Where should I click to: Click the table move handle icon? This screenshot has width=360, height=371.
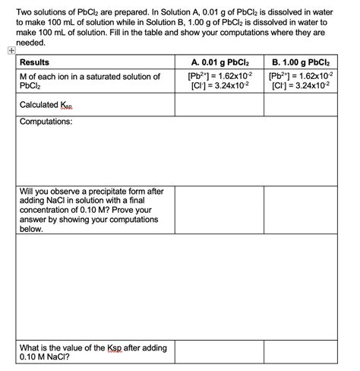click(x=8, y=51)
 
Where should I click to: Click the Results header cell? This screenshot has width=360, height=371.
click(x=36, y=62)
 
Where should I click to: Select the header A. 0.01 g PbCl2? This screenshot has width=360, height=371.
click(x=219, y=62)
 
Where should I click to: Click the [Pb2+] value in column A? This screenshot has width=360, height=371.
click(x=219, y=77)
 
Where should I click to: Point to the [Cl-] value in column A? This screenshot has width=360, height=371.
click(x=219, y=87)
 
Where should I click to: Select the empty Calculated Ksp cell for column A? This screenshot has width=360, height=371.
click(x=219, y=105)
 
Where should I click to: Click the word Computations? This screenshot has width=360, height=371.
click(x=46, y=122)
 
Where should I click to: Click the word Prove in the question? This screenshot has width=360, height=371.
click(x=129, y=210)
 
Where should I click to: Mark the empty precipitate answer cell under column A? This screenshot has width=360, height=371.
click(x=219, y=209)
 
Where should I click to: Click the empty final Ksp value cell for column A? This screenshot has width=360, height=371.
click(x=219, y=351)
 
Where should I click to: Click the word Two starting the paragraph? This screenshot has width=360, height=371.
click(x=26, y=10)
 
